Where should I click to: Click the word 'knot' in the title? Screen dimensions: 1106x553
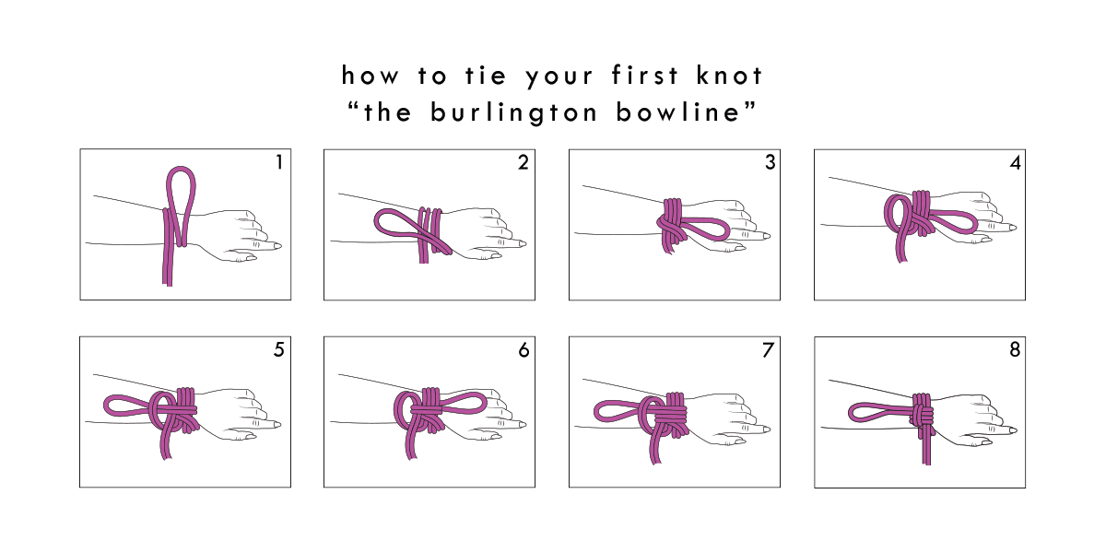pos(730,76)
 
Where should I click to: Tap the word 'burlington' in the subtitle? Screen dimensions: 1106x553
pos(513,112)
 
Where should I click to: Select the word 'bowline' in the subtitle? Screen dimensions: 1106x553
pos(678,112)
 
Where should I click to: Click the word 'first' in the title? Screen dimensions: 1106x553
pos(645,76)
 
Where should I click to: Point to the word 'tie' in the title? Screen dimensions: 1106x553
pos(487,76)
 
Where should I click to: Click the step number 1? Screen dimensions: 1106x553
pos(279,162)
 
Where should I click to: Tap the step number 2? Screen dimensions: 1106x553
pos(524,162)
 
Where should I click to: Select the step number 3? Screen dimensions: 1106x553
pos(770,162)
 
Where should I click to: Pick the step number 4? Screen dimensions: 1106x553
pos(1015,162)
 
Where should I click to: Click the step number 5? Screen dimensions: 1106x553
pos(279,349)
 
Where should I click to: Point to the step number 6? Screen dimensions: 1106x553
pos(524,349)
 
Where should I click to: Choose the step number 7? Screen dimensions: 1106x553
pos(768,349)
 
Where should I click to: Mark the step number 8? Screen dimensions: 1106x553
pos(1015,349)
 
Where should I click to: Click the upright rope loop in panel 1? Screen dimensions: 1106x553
pos(181,168)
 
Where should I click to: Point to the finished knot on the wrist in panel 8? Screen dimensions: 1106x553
pos(923,414)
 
